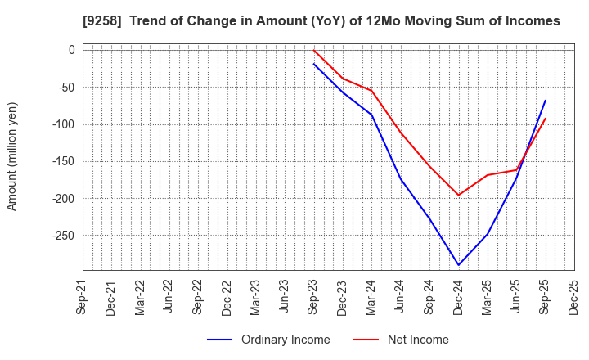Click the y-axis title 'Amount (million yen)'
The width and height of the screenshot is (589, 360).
pyautogui.click(x=11, y=156)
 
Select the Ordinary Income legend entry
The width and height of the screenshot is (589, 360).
pyautogui.click(x=269, y=340)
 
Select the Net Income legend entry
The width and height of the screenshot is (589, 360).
pyautogui.click(x=402, y=340)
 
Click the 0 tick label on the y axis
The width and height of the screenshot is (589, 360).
pyautogui.click(x=71, y=50)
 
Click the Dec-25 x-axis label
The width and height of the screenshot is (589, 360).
pyautogui.click(x=574, y=299)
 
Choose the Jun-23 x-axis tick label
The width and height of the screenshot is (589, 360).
pyautogui.click(x=285, y=299)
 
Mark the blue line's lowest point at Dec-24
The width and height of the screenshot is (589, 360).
pyautogui.click(x=458, y=265)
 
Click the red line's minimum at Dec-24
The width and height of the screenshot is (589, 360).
pyautogui.click(x=458, y=196)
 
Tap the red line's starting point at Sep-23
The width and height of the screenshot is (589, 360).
pyautogui.click(x=314, y=51)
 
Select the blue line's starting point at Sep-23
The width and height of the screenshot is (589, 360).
pyautogui.click(x=314, y=64)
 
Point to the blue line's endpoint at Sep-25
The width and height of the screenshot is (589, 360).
pyautogui.click(x=545, y=101)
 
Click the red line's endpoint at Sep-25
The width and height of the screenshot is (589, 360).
pyautogui.click(x=545, y=119)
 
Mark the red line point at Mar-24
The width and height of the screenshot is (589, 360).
pyautogui.click(x=371, y=91)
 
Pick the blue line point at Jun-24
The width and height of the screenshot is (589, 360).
pyautogui.click(x=401, y=178)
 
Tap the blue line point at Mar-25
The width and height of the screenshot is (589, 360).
pyautogui.click(x=488, y=235)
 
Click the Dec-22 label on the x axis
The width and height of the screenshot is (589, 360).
pyautogui.click(x=227, y=299)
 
